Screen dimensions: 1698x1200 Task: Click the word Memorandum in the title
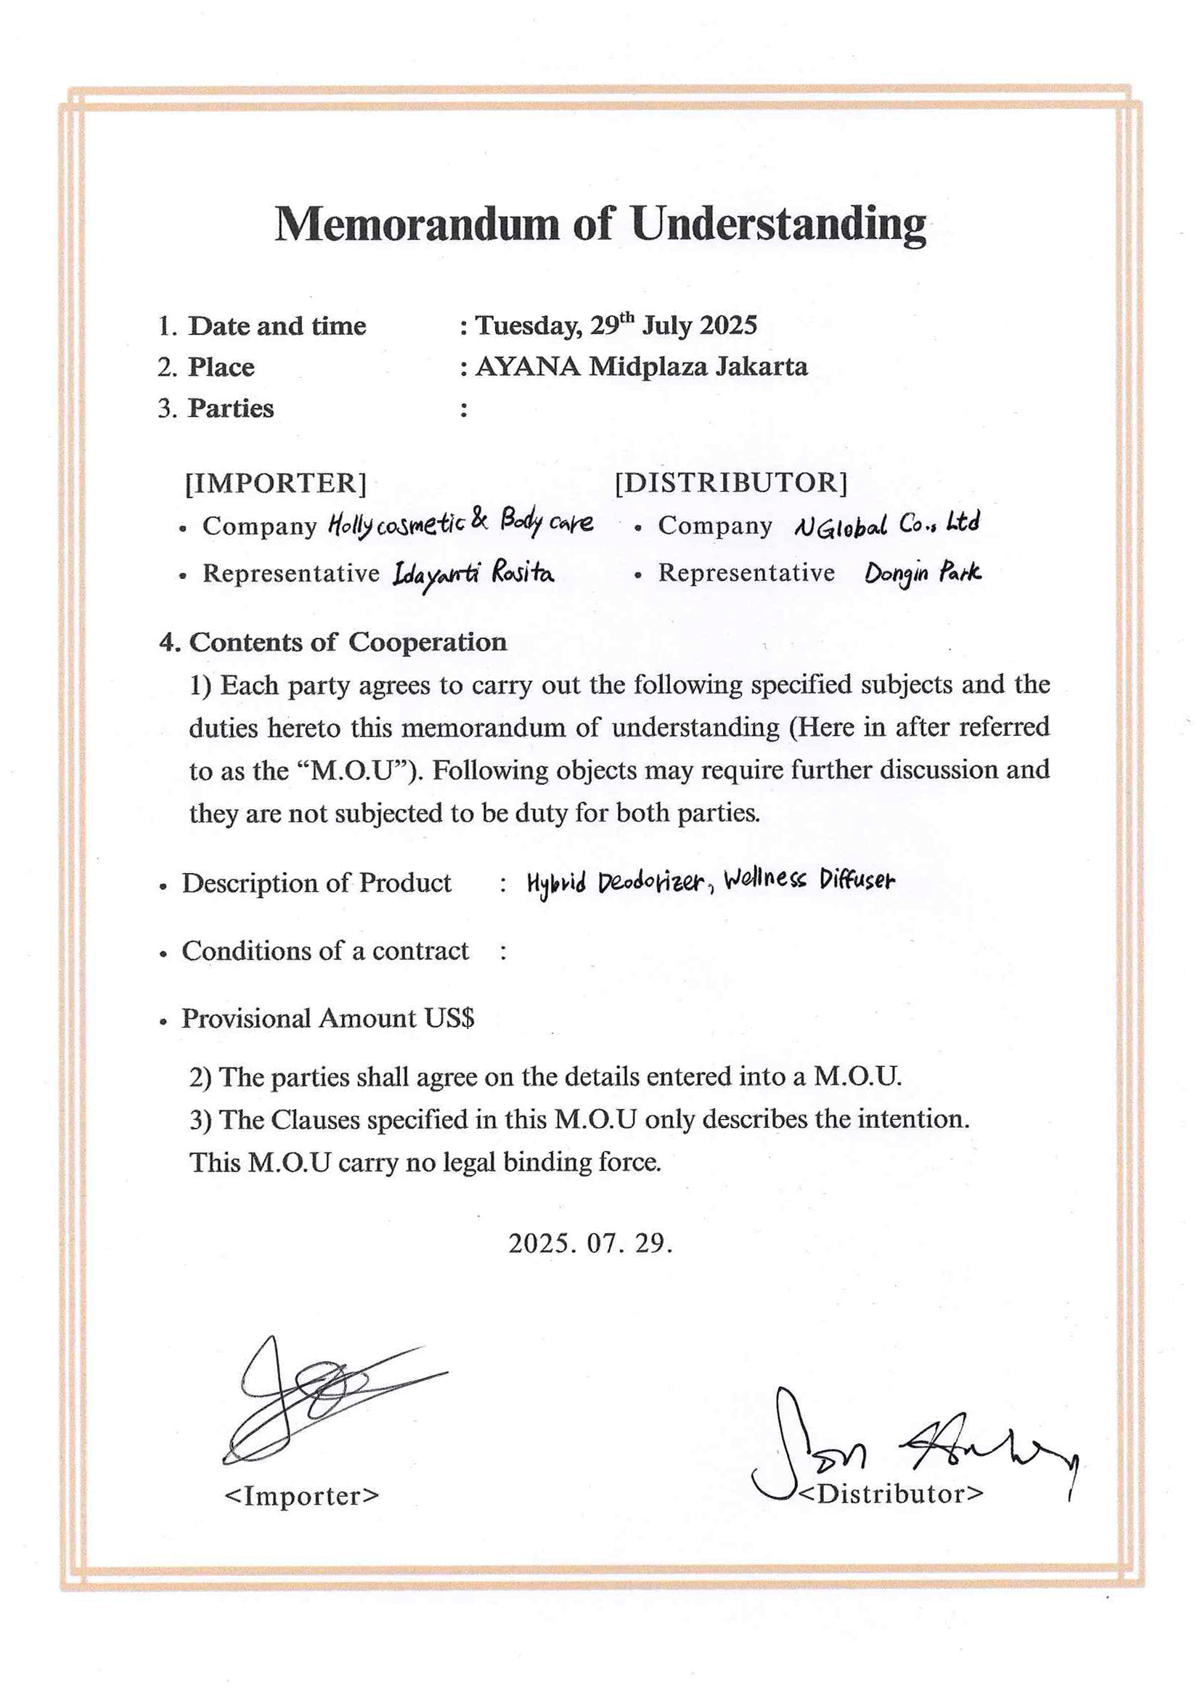416,224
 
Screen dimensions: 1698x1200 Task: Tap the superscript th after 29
626,317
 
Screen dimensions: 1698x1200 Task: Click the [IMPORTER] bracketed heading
275,483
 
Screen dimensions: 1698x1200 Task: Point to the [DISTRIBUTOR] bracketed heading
730,483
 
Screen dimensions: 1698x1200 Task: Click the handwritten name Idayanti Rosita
473,574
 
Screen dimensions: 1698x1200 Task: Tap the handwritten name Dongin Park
923,573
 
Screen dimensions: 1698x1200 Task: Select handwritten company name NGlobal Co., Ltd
886,524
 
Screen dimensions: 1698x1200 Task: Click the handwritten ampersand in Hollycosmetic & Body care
479,520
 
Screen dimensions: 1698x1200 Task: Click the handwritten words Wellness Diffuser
809,880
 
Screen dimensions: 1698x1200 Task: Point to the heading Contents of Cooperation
348,642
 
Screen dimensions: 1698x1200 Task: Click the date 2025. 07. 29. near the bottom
590,1243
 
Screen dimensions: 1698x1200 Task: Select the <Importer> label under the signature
301,1495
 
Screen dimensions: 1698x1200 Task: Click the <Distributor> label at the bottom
891,1494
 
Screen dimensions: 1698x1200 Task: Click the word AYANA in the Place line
527,367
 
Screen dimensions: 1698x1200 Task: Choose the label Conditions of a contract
325,951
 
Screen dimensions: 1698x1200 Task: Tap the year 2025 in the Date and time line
728,325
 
